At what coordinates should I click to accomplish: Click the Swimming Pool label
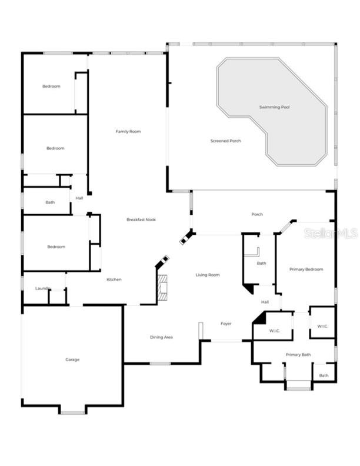point(274,107)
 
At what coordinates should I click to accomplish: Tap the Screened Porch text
point(226,141)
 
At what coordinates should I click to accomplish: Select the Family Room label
point(128,131)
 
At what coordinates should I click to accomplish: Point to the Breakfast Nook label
point(141,219)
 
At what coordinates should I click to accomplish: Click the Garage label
point(72,360)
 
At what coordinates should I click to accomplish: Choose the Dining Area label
point(161,337)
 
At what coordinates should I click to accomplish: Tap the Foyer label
point(226,324)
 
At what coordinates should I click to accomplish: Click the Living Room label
point(208,275)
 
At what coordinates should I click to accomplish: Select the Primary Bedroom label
point(306,269)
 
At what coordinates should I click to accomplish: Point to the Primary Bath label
point(298,355)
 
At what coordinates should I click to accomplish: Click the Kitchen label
point(114,279)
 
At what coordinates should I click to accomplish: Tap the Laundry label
point(43,288)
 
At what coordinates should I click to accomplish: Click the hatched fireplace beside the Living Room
point(162,288)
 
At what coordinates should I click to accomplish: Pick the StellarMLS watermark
point(331,234)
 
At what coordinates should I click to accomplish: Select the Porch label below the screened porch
point(257,214)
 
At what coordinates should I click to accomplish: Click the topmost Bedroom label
point(51,86)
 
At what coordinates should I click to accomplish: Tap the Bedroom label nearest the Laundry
point(56,247)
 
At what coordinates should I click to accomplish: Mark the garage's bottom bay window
point(72,413)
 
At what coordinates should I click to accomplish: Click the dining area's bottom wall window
point(160,364)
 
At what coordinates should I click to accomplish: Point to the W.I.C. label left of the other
point(275,331)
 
